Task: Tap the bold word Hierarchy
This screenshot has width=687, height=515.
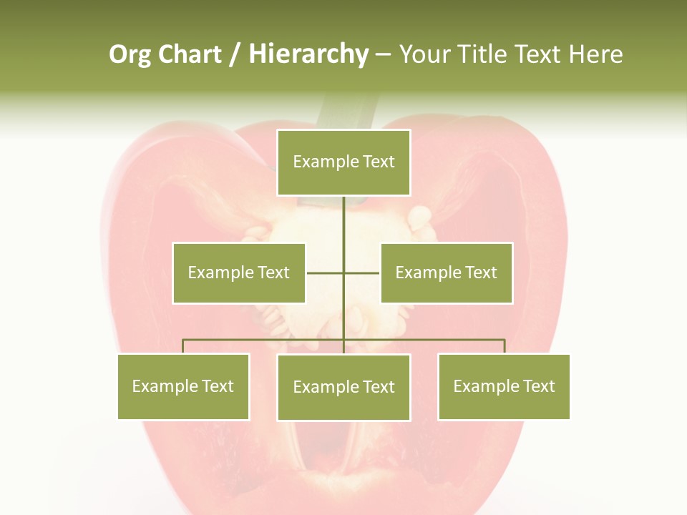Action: coord(308,54)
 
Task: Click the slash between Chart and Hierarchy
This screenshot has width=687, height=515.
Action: coord(235,55)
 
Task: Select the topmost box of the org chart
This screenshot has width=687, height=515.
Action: coord(343,162)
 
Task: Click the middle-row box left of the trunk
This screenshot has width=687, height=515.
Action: coord(239,273)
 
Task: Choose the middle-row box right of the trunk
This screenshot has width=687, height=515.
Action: coord(446,273)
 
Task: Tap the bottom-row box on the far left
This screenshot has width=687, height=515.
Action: coord(183,386)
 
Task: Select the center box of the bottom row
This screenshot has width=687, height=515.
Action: coord(343,387)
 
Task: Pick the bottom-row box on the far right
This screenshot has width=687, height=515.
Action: coord(504,386)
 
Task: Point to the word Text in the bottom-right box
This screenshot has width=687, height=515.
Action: coord(539,386)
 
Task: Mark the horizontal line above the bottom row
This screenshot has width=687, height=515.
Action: coord(265,340)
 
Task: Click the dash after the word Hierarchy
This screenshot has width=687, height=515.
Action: coord(383,55)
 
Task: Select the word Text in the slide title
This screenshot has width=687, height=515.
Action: coord(539,54)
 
